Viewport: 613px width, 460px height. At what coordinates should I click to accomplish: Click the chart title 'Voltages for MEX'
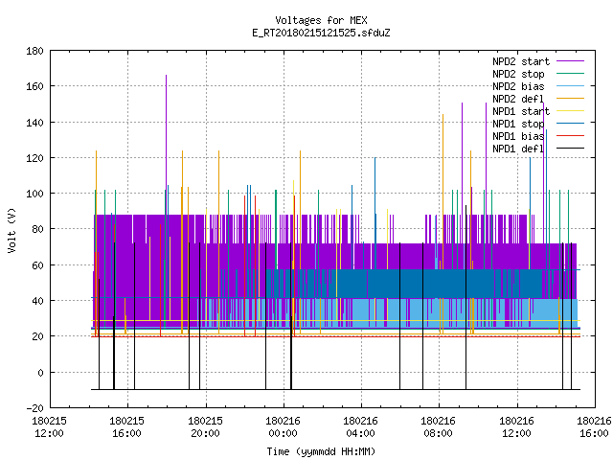point(321,20)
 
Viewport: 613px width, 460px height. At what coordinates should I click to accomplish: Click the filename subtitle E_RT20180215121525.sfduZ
point(321,33)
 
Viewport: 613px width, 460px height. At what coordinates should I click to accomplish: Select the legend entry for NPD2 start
point(521,61)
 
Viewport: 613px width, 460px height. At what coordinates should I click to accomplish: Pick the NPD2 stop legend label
point(518,74)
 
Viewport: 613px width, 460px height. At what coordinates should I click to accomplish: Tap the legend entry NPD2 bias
point(518,86)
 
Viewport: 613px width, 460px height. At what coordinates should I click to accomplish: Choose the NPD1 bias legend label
point(518,136)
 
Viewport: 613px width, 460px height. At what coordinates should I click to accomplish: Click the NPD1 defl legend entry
point(518,149)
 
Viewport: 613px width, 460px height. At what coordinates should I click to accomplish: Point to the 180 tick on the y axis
point(34,51)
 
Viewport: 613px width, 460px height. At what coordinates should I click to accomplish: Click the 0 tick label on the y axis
point(40,373)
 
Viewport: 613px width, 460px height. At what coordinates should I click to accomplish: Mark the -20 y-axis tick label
point(34,408)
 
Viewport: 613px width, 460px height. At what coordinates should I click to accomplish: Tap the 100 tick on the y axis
point(34,194)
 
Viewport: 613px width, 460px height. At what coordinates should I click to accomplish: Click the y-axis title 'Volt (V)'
point(12,230)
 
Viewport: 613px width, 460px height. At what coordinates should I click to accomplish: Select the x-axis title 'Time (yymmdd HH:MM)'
point(321,451)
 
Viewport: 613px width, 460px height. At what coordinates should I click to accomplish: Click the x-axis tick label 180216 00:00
point(283,427)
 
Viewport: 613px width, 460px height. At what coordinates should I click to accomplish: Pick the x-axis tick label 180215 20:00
point(205,427)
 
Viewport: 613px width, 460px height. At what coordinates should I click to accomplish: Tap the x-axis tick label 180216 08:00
point(439,427)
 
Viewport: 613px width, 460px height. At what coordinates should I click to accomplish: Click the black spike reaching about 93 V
point(466,297)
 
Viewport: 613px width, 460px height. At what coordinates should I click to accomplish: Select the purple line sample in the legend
point(571,61)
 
